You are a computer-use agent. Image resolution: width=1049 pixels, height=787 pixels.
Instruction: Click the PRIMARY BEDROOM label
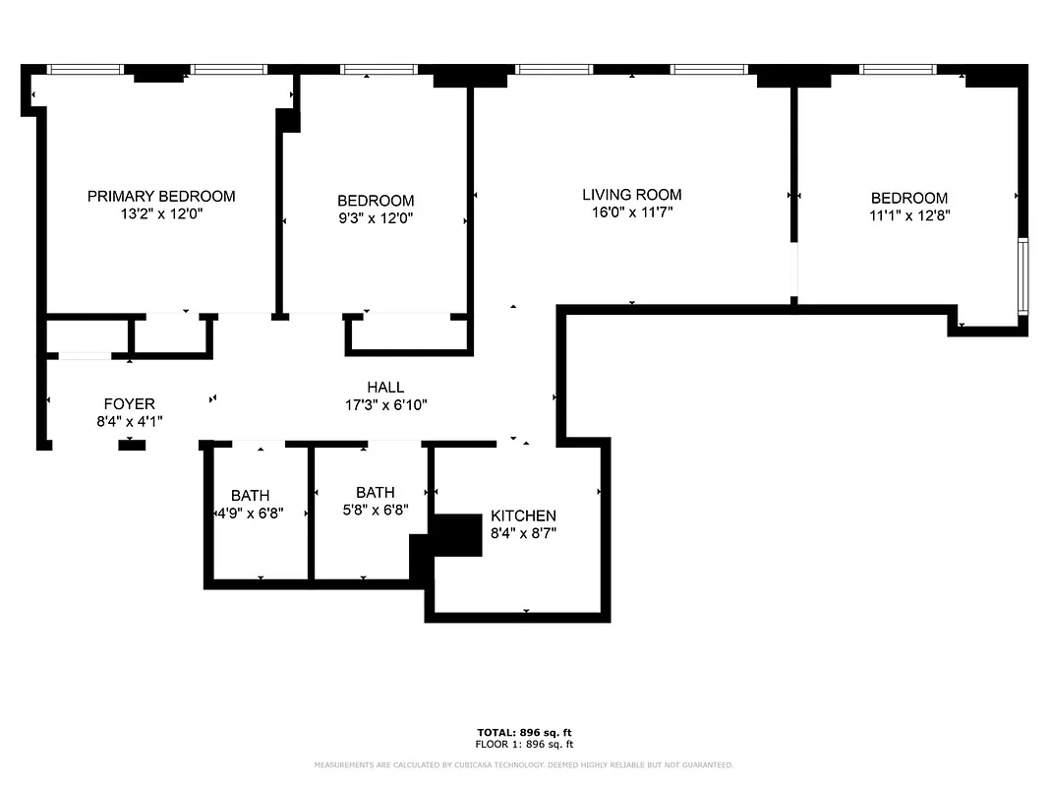pos(161,196)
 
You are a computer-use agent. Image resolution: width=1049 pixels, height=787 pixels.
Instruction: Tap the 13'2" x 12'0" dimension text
pos(161,213)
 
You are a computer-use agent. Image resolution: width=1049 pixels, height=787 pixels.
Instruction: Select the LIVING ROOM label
pos(631,195)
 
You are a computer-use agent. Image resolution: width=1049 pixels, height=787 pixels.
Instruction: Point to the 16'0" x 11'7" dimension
pos(631,212)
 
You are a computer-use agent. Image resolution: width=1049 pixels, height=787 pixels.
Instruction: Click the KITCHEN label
pos(523,515)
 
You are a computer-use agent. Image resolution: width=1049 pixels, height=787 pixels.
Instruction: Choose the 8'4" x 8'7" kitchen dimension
pos(523,533)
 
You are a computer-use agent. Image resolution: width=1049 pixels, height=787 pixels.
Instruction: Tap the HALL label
pos(385,388)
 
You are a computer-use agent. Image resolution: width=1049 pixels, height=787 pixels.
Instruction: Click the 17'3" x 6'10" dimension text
pos(385,404)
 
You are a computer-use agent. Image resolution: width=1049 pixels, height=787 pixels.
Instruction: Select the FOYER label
pos(129,404)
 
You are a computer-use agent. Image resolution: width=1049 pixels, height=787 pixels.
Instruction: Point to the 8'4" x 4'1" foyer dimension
pos(129,421)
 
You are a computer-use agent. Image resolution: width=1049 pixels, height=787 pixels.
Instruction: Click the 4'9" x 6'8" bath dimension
pos(250,513)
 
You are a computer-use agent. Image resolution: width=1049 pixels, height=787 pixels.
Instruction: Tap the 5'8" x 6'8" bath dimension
pos(375,510)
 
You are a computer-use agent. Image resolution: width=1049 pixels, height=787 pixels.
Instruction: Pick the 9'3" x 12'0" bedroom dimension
pos(375,218)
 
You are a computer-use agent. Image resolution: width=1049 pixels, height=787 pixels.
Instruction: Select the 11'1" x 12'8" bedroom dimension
pos(908,215)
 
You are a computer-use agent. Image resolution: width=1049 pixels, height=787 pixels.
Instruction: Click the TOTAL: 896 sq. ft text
pos(524,733)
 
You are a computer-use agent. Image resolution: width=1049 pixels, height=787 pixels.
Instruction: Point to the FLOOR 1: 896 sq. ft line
pos(524,745)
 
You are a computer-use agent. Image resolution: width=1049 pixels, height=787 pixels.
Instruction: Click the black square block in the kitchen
pos(457,535)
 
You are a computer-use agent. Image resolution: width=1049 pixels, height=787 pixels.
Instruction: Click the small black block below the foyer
pos(132,446)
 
